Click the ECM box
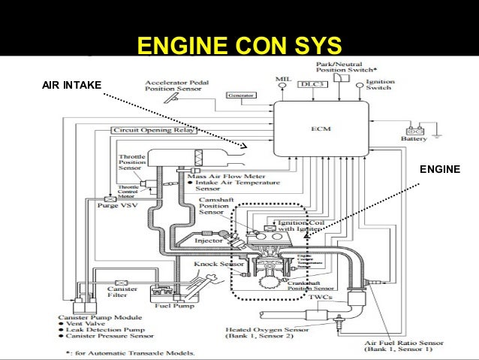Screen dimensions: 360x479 (x=321, y=129)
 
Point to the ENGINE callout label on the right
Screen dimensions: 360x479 (x=441, y=171)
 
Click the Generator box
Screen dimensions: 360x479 (x=239, y=96)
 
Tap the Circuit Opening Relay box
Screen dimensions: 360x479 (x=153, y=130)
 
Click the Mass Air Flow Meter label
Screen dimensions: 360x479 (x=224, y=176)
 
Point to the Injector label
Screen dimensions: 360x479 (x=205, y=242)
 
